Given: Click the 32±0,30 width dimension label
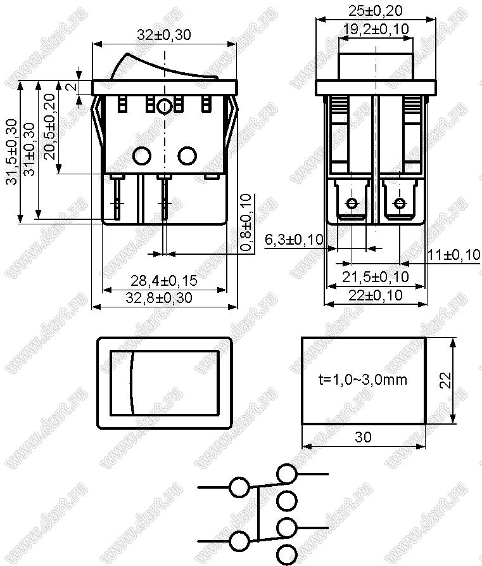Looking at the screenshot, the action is [x=164, y=35].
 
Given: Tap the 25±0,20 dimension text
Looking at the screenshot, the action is [x=376, y=11].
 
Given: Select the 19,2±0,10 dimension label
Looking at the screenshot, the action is [x=376, y=29].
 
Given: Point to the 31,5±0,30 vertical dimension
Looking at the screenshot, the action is [x=13, y=151].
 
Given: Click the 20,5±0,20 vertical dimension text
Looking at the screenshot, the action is [x=51, y=126].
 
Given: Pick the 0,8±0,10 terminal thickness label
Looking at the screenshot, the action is [x=246, y=222].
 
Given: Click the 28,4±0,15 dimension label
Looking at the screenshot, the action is [x=164, y=281].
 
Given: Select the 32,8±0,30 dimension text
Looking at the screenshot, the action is [x=159, y=298].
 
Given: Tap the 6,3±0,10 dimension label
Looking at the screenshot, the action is [x=295, y=240].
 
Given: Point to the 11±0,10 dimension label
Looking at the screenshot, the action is [x=454, y=255].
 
